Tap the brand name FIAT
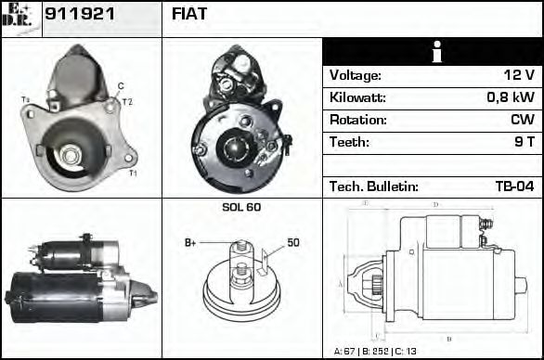click(x=190, y=15)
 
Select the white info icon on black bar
click(x=432, y=52)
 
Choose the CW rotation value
click(x=523, y=121)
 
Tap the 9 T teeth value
click(x=525, y=143)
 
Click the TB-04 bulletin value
click(x=514, y=186)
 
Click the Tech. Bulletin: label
click(x=373, y=186)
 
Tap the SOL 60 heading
click(x=241, y=207)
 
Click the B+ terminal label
click(x=190, y=242)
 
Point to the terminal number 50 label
click(x=292, y=242)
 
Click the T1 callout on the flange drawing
click(x=133, y=174)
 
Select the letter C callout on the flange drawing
click(x=121, y=86)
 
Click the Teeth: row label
click(x=349, y=143)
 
